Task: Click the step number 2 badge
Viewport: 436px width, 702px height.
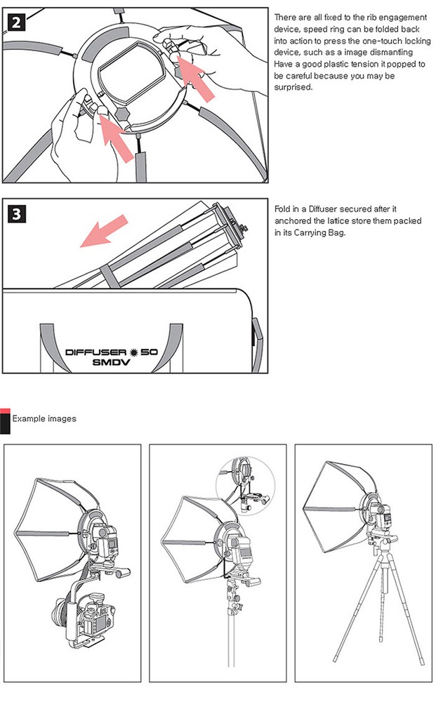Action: [x=16, y=22]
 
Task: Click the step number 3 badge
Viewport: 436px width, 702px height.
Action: [x=16, y=213]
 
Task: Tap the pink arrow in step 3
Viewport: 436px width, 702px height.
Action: [x=104, y=230]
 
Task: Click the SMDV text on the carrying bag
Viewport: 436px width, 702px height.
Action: [x=111, y=362]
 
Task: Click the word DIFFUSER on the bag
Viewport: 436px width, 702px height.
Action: [x=95, y=352]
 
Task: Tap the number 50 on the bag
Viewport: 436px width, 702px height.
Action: [x=149, y=352]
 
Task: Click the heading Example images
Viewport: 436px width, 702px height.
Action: [x=44, y=418]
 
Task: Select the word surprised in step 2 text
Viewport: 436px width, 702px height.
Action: [x=293, y=87]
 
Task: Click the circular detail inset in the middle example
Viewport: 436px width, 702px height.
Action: [x=245, y=486]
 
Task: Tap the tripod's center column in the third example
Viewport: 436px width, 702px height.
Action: [x=383, y=576]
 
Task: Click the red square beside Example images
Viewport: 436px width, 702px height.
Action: [x=5, y=411]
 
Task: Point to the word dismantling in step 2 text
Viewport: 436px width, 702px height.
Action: [x=391, y=53]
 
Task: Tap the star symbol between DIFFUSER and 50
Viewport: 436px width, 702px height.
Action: [x=133, y=352]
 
